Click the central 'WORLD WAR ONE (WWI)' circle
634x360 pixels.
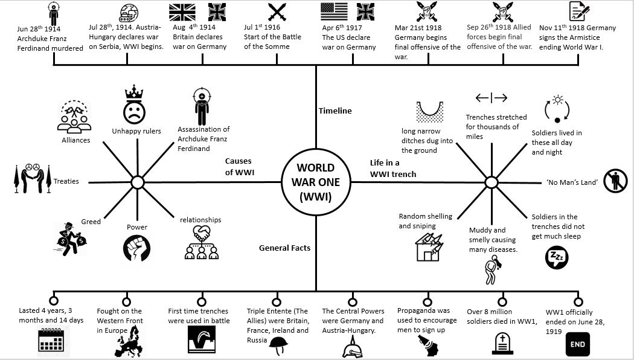(x=315, y=181)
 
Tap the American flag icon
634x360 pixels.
(x=334, y=12)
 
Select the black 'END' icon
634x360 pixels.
(x=578, y=345)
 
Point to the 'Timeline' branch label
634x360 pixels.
(x=335, y=111)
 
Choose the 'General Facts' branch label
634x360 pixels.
(x=284, y=248)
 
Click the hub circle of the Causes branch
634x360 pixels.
(x=137, y=182)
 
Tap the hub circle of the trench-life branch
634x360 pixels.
(x=491, y=182)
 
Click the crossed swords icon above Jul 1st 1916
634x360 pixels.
(x=277, y=12)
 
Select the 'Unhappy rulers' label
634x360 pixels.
(x=136, y=131)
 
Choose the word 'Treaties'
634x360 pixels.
(x=66, y=181)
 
